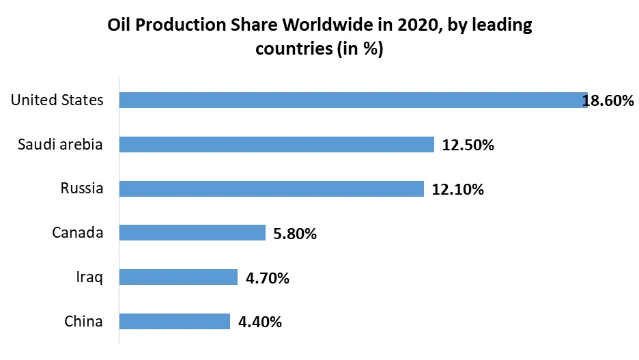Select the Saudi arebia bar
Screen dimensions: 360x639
276,144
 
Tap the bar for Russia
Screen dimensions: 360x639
271,189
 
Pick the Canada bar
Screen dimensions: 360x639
192,233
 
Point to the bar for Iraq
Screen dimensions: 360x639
178,277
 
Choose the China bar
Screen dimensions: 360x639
174,321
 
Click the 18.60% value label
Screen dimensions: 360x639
608,101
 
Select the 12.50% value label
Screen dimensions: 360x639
468,145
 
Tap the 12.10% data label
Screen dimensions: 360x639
457,189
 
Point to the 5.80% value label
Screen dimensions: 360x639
294,234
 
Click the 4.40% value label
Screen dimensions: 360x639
259,322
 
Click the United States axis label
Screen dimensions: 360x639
57,100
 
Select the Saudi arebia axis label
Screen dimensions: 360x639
61,144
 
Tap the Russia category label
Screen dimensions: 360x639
81,189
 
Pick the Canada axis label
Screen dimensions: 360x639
78,233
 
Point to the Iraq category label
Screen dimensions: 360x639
89,277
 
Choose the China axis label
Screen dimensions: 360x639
83,321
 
